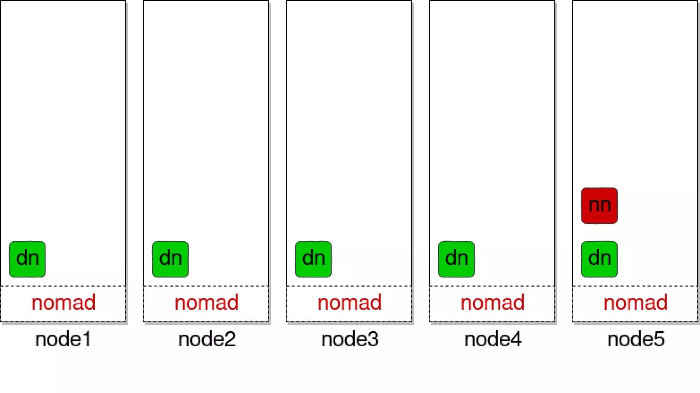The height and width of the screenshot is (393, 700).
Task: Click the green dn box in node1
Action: click(x=27, y=259)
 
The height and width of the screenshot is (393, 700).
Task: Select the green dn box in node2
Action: click(x=170, y=259)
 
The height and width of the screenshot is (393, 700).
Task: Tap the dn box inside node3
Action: click(x=313, y=259)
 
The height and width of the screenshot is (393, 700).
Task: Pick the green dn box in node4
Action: click(x=456, y=259)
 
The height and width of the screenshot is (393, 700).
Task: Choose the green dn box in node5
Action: click(x=599, y=259)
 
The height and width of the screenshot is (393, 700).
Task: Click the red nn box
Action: click(x=599, y=205)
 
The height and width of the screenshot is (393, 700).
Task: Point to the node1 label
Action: click(x=63, y=339)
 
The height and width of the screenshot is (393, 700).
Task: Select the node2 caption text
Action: click(x=207, y=339)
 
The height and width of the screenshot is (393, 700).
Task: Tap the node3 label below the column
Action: click(x=350, y=339)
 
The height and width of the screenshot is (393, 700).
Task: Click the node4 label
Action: click(x=493, y=339)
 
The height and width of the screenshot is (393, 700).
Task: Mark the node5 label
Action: click(x=636, y=339)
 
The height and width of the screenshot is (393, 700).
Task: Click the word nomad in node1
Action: click(x=64, y=303)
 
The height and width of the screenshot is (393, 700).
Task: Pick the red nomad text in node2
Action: click(x=206, y=303)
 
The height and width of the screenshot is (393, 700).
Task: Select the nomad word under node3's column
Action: click(x=349, y=303)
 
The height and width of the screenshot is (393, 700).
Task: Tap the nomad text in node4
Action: click(x=493, y=303)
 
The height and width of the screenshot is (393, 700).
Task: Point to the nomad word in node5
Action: click(x=635, y=303)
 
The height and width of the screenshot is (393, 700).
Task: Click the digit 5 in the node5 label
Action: click(x=659, y=339)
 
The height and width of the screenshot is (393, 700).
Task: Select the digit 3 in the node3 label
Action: click(x=373, y=339)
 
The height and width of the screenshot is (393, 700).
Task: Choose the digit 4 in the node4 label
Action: click(x=516, y=339)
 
